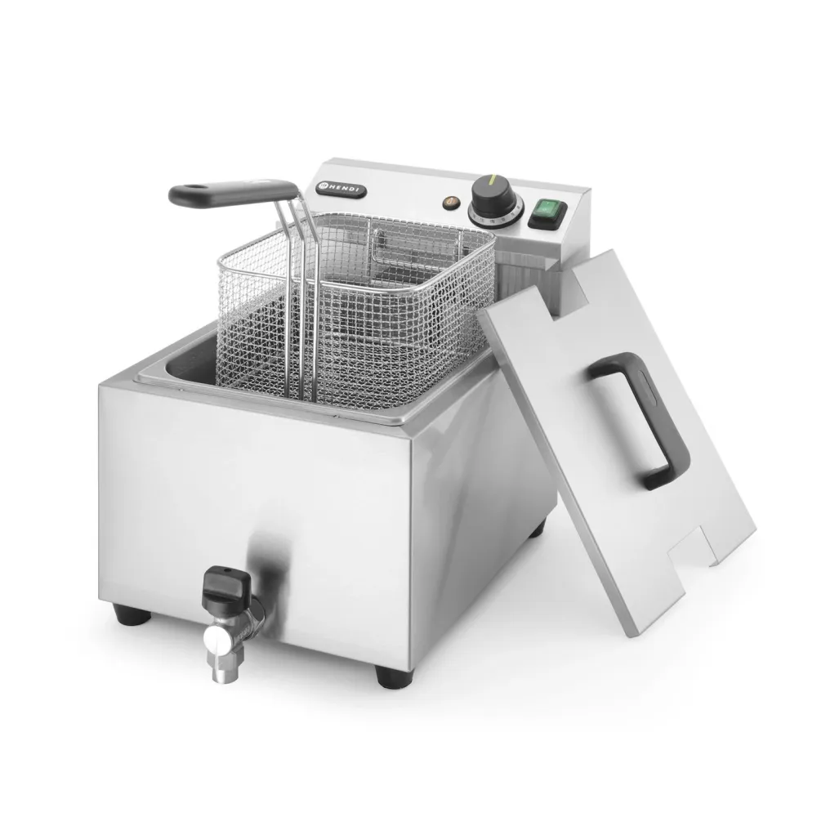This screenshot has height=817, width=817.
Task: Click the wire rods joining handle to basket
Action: [x=304, y=270]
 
